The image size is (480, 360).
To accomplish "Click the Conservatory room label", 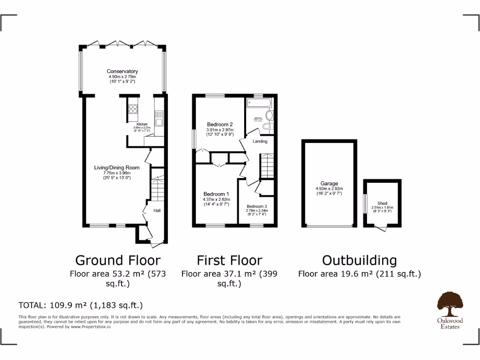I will pyautogui.click(x=122, y=71).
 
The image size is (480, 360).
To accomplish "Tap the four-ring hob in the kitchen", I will pyautogui.click(x=133, y=109).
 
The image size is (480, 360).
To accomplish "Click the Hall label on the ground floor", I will pyautogui.click(x=157, y=211).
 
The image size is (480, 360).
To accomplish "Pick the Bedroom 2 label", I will pyautogui.click(x=220, y=124).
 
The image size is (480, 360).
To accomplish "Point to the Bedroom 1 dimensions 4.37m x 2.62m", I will pyautogui.click(x=216, y=199).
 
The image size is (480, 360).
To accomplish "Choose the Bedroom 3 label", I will pyautogui.click(x=256, y=206).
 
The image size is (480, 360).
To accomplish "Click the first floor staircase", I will pyautogui.click(x=267, y=166).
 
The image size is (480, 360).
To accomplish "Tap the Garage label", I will pyautogui.click(x=329, y=184).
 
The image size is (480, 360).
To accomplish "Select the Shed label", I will pyautogui.click(x=382, y=203).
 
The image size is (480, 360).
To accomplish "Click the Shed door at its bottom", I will pyautogui.click(x=382, y=227).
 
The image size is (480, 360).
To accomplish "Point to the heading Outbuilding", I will pyautogui.click(x=359, y=260).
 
